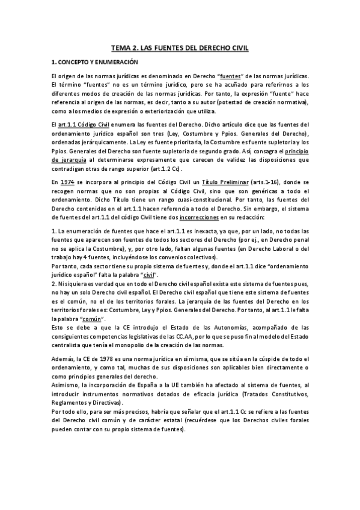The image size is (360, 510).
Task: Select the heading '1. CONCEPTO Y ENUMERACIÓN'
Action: [94, 62]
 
